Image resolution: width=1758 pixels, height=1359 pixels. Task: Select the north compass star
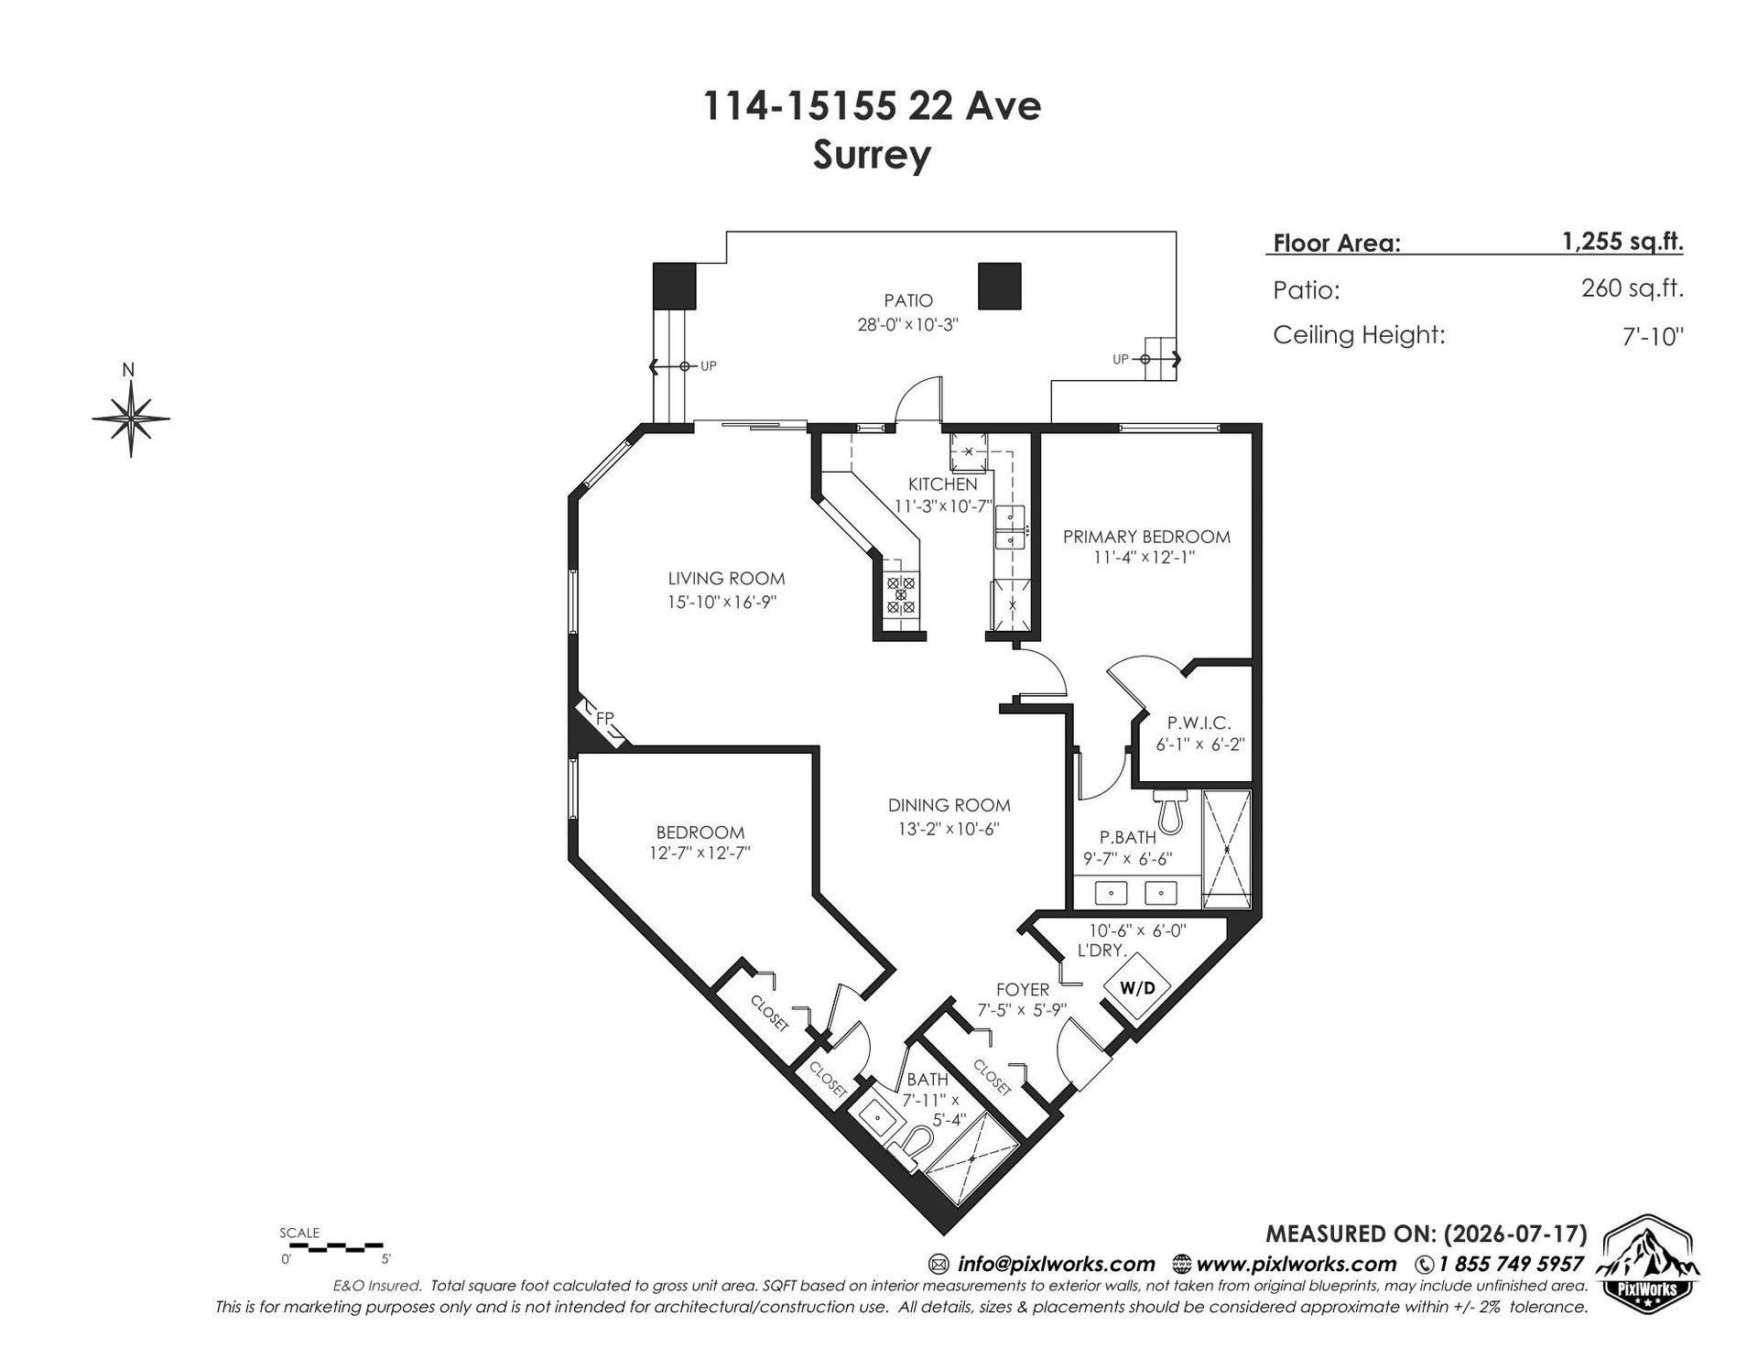coord(131,419)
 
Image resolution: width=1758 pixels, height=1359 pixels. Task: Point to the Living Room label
coord(726,578)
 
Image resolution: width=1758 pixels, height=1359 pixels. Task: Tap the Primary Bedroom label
coord(1146,537)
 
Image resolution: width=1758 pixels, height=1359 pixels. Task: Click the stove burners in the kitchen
coord(901,594)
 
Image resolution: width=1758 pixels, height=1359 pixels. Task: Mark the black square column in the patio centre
coord(999,286)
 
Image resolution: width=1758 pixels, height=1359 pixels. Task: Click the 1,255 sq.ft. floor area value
coord(1622,241)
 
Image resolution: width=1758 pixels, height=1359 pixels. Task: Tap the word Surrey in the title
coord(872,154)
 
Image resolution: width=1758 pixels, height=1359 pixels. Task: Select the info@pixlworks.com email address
coord(1056,1265)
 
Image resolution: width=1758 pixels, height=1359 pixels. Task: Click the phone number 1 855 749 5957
coord(1511,1265)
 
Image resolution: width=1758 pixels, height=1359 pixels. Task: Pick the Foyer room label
coord(1023,990)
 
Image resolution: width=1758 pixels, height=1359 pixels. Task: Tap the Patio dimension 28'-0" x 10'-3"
coord(907,324)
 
